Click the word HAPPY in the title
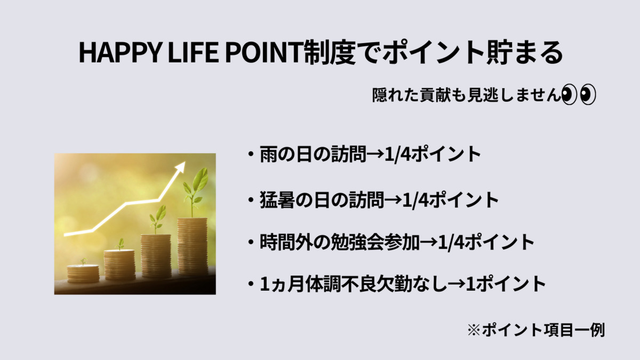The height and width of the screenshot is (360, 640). click(x=119, y=53)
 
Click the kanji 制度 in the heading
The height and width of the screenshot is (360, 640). click(x=330, y=53)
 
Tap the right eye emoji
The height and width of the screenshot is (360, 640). click(x=588, y=94)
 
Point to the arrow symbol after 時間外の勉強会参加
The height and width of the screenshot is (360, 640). click(x=429, y=243)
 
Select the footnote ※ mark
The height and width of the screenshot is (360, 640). click(x=474, y=331)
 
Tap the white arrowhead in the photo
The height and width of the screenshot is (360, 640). click(x=180, y=167)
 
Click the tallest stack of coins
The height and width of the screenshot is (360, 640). click(x=193, y=246)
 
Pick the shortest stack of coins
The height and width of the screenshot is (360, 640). click(x=83, y=274)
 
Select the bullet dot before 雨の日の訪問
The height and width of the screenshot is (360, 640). click(x=251, y=155)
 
